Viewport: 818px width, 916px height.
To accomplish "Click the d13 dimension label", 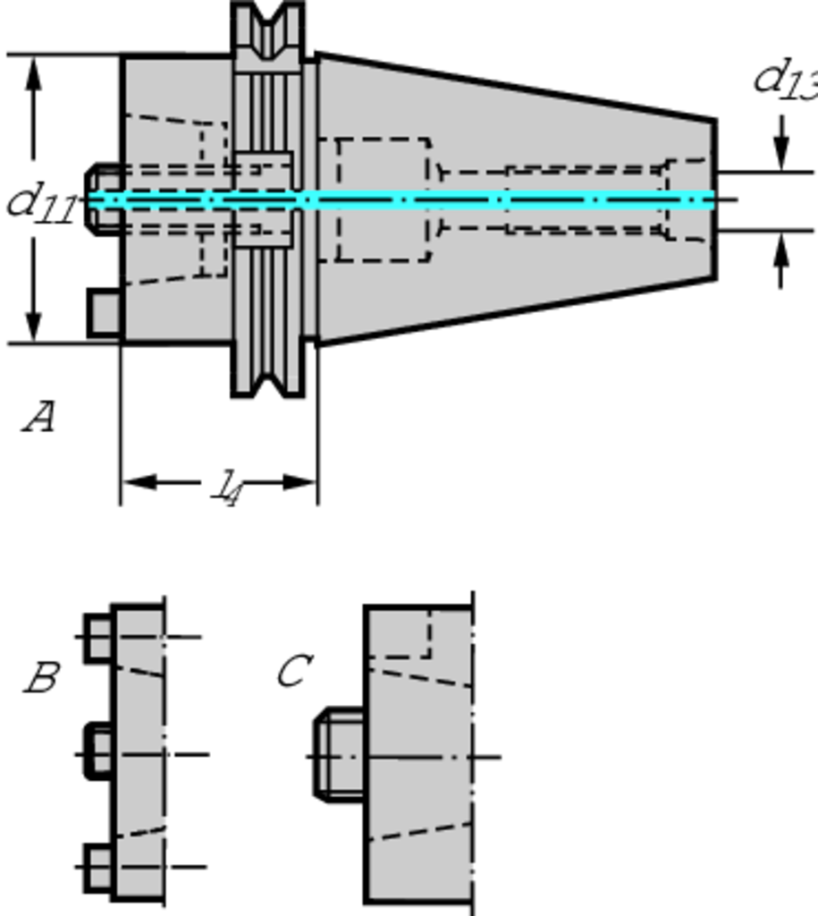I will (x=784, y=79).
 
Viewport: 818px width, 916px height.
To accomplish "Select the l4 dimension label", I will (x=227, y=487).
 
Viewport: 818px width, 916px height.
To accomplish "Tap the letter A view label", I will (x=38, y=417).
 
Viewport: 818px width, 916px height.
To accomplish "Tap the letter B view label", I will (x=41, y=678).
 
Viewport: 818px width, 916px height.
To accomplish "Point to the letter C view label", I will (x=294, y=671).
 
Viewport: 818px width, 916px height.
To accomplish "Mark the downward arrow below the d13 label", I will (x=782, y=148).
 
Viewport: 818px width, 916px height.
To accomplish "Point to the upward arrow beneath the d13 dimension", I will (x=782, y=254).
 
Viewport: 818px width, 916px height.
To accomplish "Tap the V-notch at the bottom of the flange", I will (x=268, y=383).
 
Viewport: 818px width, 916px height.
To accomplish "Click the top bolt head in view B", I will (x=98, y=637).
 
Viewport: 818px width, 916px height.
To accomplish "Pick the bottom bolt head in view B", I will (x=98, y=867).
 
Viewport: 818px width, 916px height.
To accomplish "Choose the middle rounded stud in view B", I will (x=98, y=751).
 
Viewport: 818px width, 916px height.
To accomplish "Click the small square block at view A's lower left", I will (x=105, y=312).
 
